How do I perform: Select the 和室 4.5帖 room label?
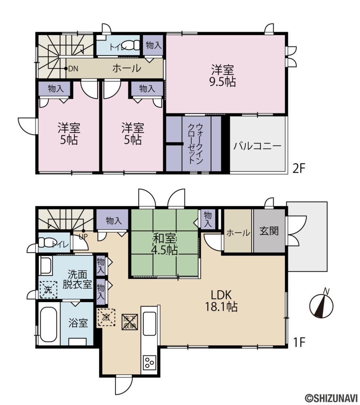(165, 244)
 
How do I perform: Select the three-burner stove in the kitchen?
(149, 362)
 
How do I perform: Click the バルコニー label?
(257, 146)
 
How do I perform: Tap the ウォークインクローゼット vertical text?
(196, 144)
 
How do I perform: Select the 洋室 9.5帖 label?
(224, 76)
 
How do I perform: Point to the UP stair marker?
(83, 236)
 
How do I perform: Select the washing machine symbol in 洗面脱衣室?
(48, 290)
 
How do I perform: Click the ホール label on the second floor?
(127, 68)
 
